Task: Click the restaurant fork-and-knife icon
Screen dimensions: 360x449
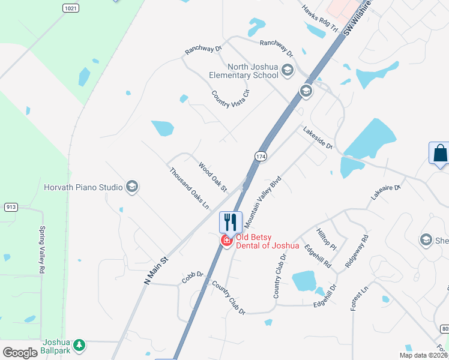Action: (231, 221)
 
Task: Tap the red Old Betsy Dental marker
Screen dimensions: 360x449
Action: (227, 241)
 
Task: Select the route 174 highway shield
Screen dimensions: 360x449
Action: (261, 156)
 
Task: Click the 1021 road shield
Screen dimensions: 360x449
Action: (70, 8)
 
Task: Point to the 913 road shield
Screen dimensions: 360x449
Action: (10, 207)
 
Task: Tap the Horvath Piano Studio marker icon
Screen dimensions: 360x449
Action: (133, 187)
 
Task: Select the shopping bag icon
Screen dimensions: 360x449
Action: (440, 152)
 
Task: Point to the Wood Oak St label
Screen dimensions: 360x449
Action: (212, 177)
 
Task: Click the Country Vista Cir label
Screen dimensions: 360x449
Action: (230, 99)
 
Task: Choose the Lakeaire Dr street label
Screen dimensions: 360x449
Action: (385, 192)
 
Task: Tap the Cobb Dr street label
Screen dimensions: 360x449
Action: (193, 277)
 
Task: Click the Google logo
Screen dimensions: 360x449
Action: (20, 352)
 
